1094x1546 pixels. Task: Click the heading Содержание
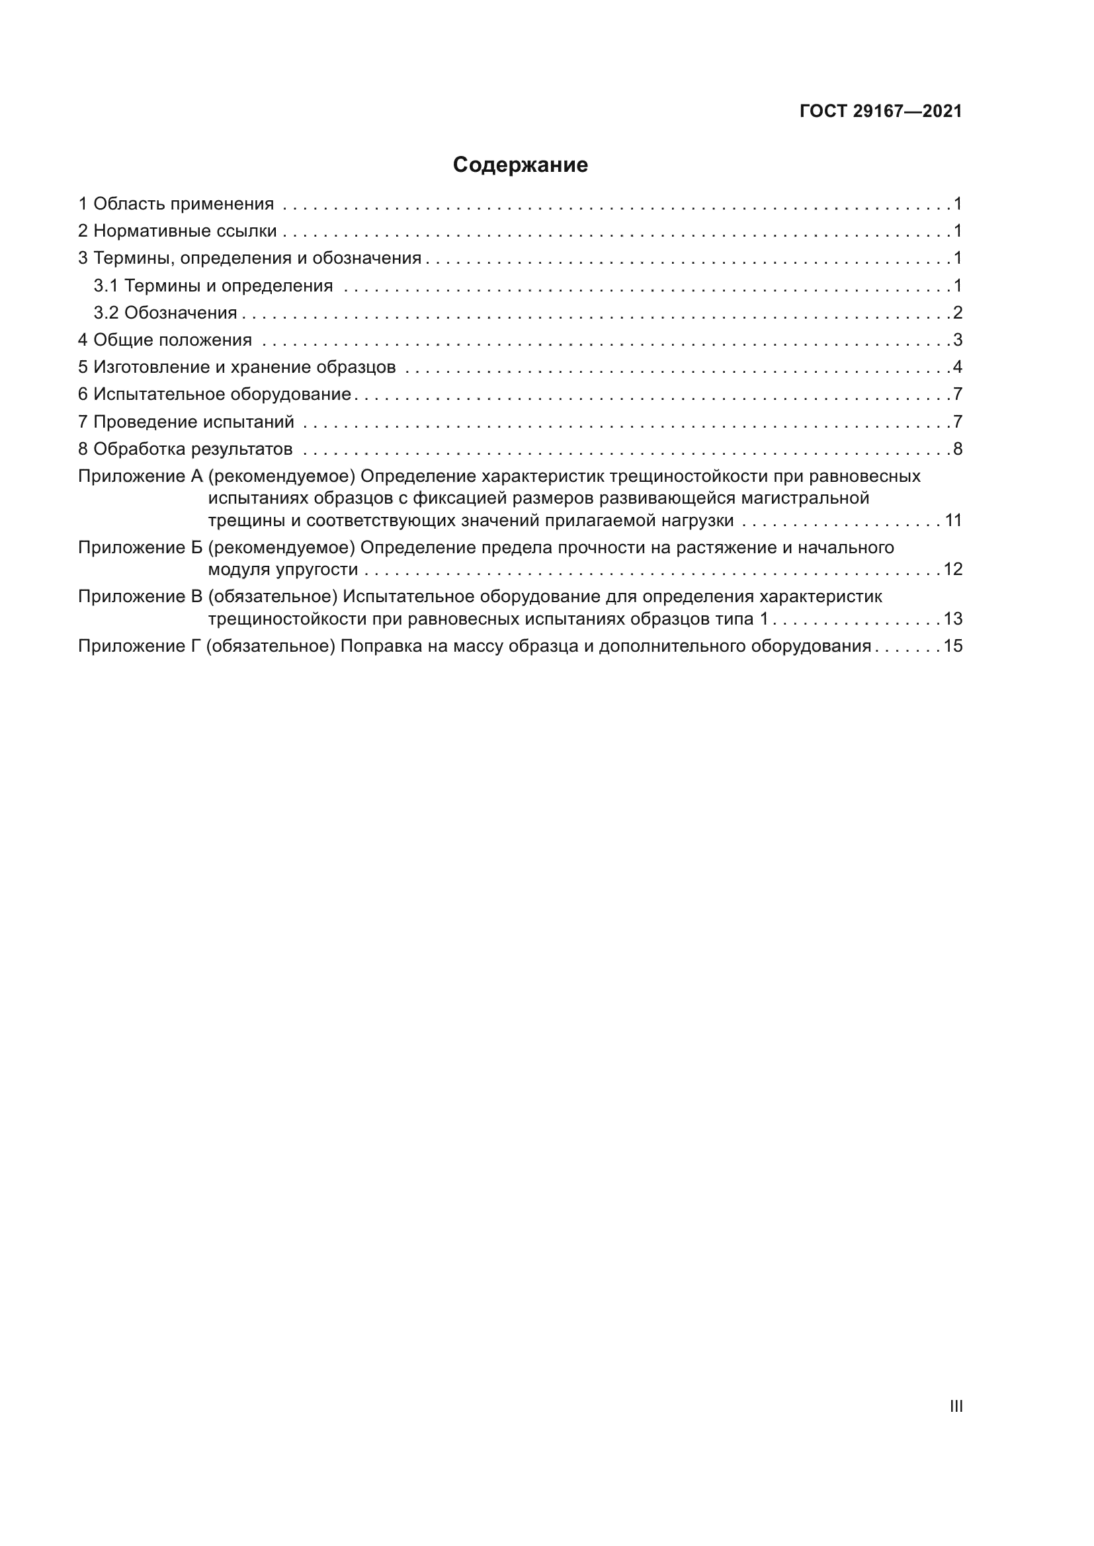coord(520,165)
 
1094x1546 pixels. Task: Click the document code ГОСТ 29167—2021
coord(880,111)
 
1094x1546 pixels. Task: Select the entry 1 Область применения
coord(176,204)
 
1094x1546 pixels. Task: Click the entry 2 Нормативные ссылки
coord(177,231)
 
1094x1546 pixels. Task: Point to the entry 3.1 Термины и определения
coord(213,286)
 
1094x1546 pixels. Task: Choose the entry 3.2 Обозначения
coord(165,313)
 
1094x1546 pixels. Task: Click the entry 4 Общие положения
coord(165,340)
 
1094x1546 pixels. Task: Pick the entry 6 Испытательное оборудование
coord(214,394)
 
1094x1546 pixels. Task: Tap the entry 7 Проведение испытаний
coord(186,422)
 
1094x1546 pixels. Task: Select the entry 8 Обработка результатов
coord(185,448)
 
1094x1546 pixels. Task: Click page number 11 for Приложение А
coord(953,520)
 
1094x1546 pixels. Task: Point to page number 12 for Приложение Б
coord(953,569)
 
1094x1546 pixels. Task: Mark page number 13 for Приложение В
coord(953,618)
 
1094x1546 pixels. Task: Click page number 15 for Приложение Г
coord(953,646)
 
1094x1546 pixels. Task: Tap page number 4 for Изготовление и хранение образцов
coord(957,367)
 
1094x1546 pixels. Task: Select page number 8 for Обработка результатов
coord(957,448)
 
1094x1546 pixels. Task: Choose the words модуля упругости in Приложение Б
coord(283,570)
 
